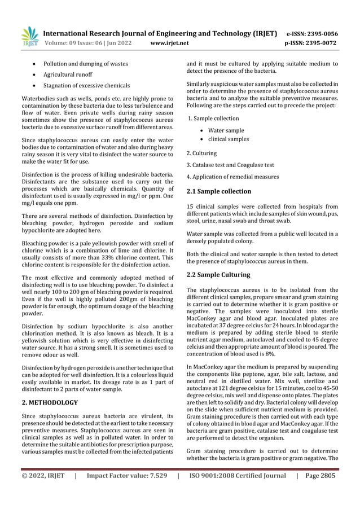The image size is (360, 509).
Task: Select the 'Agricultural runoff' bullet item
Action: tap(68, 74)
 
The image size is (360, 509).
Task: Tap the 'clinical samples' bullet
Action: tap(229, 139)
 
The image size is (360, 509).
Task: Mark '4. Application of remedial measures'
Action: tap(232, 177)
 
